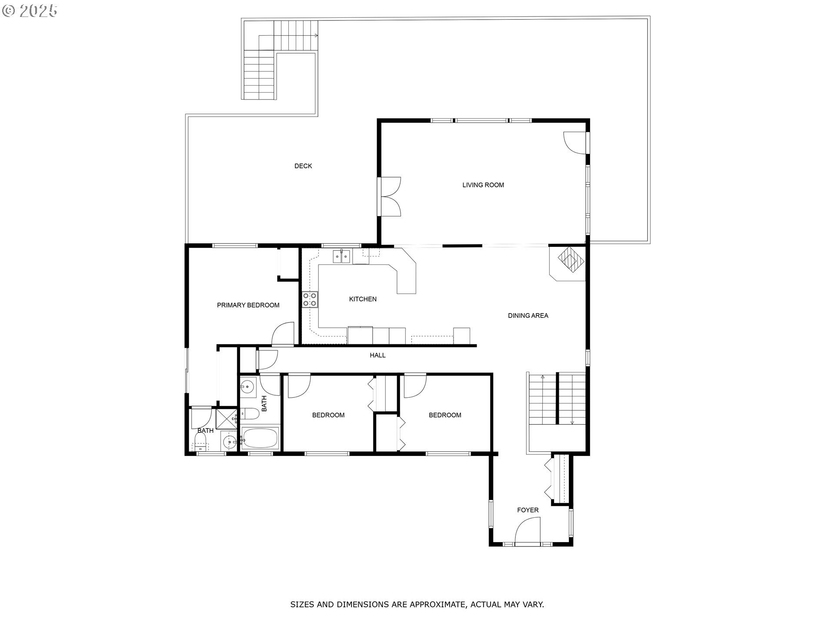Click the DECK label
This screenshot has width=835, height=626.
303,166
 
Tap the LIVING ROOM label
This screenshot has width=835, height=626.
483,185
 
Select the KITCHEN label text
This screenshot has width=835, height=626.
363,299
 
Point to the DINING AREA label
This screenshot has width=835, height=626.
528,316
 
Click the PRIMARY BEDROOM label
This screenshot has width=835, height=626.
248,305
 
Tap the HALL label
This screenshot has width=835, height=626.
377,355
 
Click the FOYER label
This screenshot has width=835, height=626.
528,510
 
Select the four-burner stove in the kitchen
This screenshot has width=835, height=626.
310,300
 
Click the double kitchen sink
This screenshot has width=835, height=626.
342,256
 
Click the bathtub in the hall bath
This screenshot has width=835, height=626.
260,438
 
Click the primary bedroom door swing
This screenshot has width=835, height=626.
283,334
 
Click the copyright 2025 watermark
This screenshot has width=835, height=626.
30,10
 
